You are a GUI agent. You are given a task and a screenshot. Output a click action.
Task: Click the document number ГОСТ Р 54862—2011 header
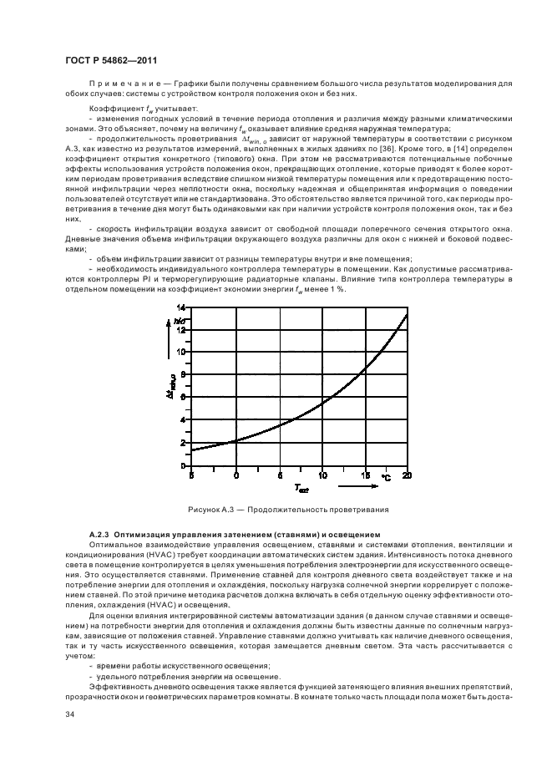(x=111, y=61)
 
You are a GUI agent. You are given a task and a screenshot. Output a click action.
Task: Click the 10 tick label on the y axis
(x=181, y=352)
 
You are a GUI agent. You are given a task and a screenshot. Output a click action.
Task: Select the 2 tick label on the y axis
(x=183, y=442)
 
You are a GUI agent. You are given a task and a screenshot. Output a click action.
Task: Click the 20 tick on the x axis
(x=407, y=475)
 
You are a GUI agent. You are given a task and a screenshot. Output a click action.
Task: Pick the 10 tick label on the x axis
(x=322, y=475)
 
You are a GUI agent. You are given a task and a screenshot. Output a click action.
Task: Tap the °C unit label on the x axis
(x=386, y=477)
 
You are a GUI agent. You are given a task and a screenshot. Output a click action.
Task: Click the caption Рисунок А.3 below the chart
(x=276, y=510)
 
